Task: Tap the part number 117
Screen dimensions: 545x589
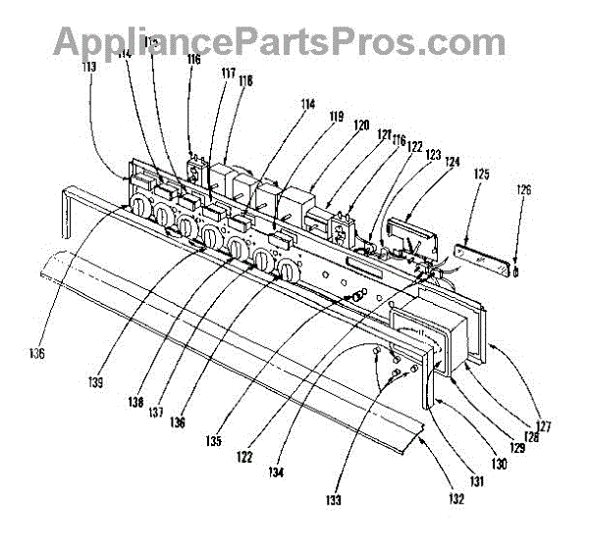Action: tap(228, 73)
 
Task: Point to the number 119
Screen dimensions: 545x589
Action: tap(336, 117)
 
